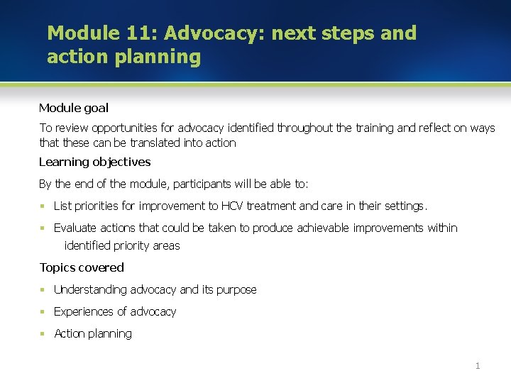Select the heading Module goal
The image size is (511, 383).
74,109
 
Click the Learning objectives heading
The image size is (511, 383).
95,162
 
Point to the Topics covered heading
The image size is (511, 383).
82,267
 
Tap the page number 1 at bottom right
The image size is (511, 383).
478,366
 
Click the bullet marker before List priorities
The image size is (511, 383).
43,206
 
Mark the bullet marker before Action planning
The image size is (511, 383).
43,333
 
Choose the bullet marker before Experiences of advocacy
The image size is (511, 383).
43,311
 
